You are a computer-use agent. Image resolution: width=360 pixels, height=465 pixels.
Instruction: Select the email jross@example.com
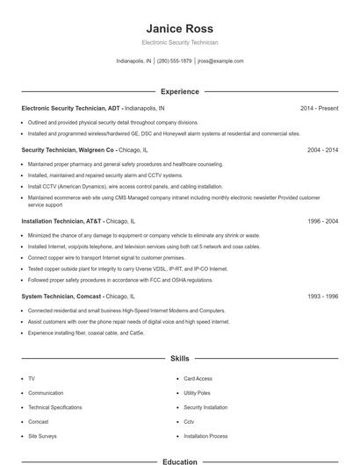coord(220,61)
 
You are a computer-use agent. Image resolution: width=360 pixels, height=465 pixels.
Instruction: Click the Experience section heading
coord(179,91)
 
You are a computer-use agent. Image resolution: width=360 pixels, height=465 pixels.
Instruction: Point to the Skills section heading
coord(179,359)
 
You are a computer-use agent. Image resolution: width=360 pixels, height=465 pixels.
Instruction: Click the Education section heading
coord(179,460)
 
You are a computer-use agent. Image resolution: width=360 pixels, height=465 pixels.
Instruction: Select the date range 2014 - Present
coord(319,108)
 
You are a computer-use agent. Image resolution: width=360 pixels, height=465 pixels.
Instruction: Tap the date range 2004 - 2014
coord(322,150)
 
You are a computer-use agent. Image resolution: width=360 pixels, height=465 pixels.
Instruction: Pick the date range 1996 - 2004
coord(322,221)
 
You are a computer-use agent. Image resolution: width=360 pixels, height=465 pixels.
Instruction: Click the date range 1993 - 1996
coord(322,297)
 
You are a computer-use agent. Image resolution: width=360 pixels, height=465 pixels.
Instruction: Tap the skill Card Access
coord(198,379)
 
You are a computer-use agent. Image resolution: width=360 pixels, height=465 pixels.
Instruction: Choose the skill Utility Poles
coord(198,393)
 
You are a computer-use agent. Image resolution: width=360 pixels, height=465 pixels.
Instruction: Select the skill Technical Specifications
coord(54,408)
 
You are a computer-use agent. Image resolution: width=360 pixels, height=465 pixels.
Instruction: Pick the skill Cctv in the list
coord(189,422)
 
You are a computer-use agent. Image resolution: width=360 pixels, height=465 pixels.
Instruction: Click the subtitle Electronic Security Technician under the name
coord(179,42)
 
